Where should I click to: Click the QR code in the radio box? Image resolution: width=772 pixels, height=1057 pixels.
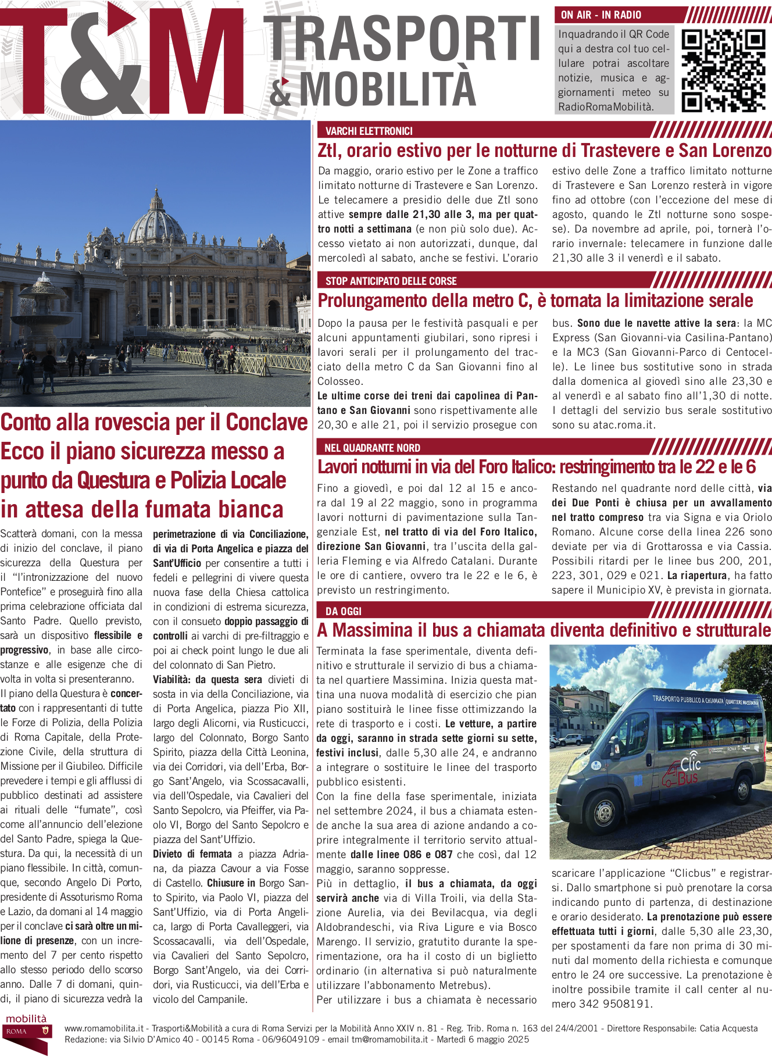point(723,70)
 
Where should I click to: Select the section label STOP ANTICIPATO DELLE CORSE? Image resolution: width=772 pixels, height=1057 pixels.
point(391,281)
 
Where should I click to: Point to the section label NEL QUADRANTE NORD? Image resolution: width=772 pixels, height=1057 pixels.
point(372,448)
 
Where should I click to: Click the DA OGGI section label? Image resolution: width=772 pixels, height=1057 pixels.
point(343,611)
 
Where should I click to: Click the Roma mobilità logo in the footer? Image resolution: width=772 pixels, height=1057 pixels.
point(27,1031)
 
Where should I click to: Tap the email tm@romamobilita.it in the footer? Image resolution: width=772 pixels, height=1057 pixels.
point(389,1040)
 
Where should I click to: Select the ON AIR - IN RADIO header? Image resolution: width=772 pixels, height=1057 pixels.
point(601,15)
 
